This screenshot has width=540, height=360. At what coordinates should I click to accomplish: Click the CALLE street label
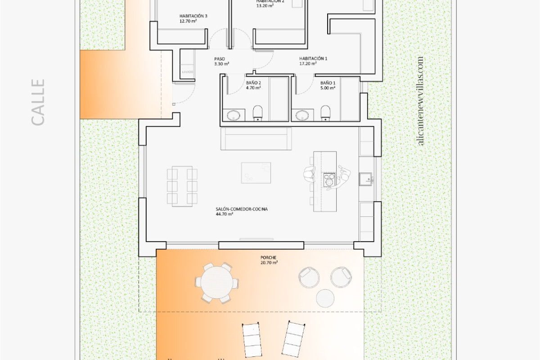[x=38, y=102]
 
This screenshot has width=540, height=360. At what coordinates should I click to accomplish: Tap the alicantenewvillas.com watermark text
[x=421, y=100]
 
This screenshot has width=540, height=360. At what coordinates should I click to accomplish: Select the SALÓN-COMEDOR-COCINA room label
[x=242, y=211]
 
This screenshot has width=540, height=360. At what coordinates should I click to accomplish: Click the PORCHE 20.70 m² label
[x=269, y=260]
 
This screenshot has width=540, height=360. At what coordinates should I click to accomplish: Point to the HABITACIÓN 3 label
[x=193, y=18]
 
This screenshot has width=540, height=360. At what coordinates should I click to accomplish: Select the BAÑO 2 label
[x=253, y=85]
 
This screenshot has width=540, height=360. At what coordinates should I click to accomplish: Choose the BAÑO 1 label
[x=328, y=85]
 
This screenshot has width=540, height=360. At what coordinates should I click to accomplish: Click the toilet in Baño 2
[x=257, y=112]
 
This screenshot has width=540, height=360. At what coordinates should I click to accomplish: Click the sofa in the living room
[x=256, y=139]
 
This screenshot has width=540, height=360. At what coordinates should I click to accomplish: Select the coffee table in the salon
[x=256, y=173]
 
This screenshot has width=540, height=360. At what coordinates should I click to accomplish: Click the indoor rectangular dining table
[x=182, y=186]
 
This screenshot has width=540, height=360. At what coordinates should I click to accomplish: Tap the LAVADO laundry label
[x=187, y=72]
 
